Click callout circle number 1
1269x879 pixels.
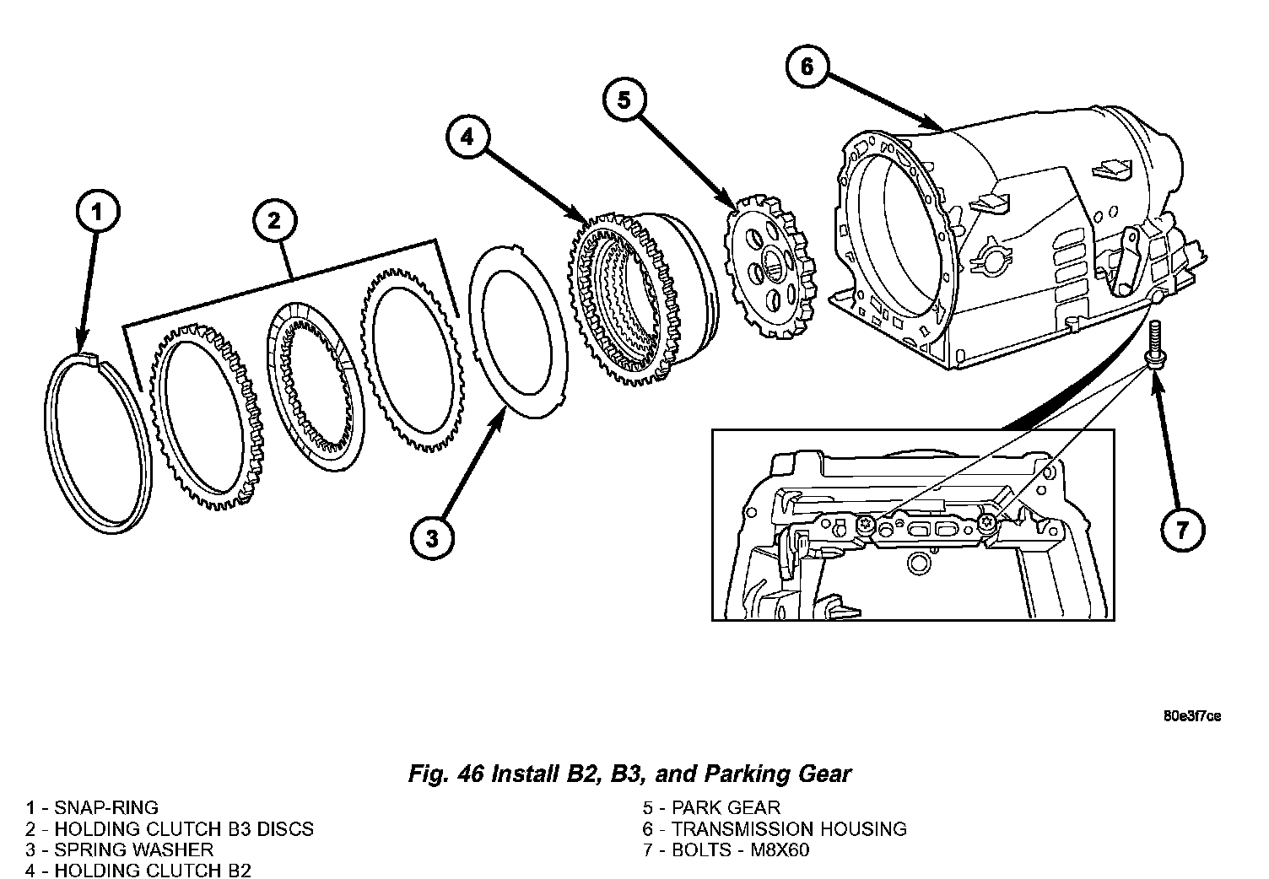(97, 214)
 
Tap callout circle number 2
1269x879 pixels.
(274, 222)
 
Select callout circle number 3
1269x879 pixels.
(432, 538)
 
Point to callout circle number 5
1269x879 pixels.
(624, 100)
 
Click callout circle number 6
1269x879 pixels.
(806, 66)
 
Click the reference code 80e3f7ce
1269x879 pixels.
(1191, 716)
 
